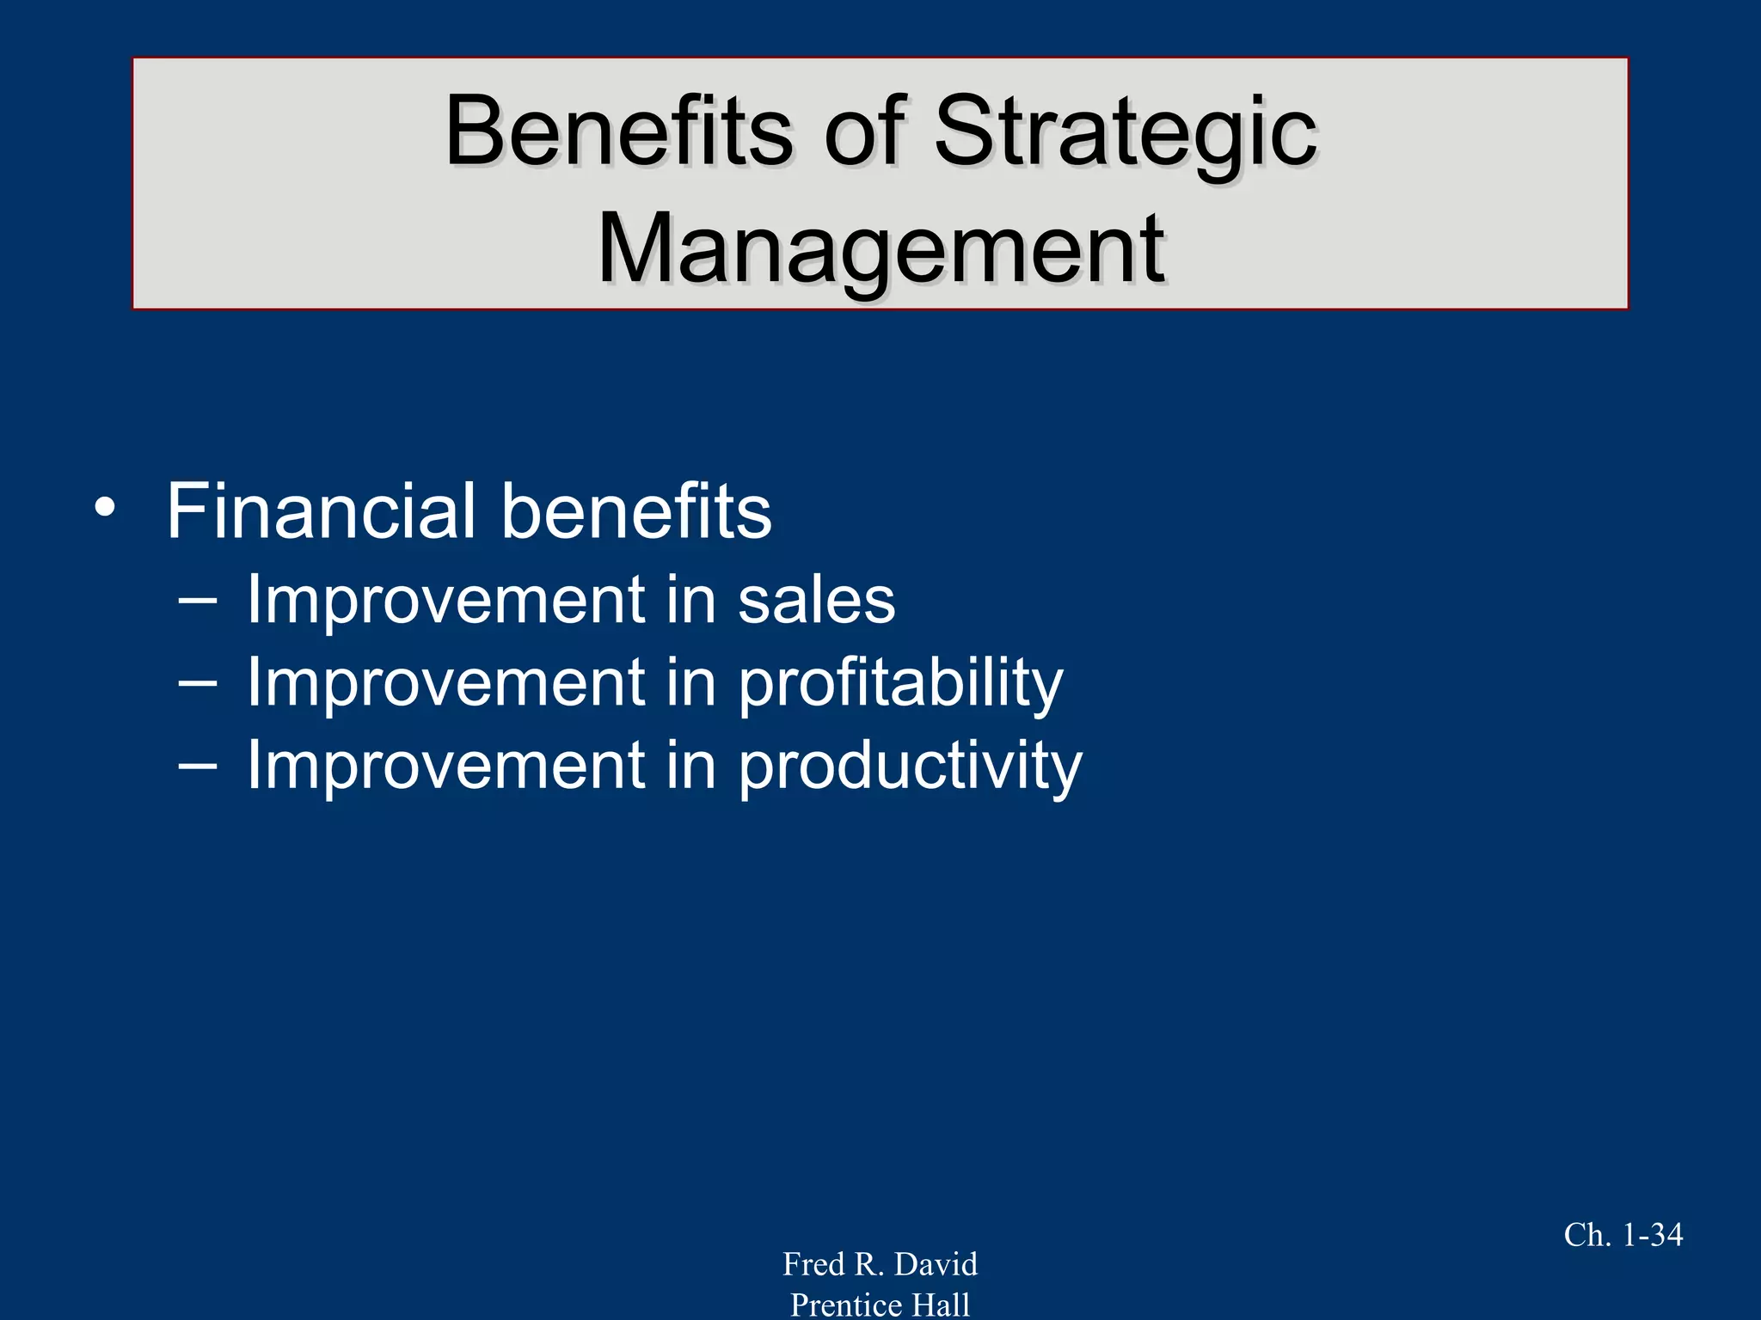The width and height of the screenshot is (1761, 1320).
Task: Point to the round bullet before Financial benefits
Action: (105, 508)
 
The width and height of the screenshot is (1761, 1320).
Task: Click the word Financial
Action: (321, 511)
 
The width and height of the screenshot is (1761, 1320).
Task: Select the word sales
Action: (816, 601)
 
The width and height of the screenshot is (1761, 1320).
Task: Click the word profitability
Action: (900, 684)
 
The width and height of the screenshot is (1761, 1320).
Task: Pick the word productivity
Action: (911, 767)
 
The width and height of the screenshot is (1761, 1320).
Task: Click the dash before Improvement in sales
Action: (197, 599)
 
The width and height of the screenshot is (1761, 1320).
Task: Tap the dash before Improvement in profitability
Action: (197, 681)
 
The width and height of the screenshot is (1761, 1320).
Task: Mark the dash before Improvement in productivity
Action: (197, 764)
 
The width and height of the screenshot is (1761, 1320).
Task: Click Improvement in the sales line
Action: (445, 601)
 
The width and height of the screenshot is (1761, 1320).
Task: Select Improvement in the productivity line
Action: (445, 767)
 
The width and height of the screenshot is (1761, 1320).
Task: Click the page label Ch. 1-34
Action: (1623, 1235)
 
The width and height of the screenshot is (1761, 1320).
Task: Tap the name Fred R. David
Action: (880, 1264)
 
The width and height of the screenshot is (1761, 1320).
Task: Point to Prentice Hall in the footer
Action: (880, 1305)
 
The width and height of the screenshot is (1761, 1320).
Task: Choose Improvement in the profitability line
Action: (445, 684)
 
